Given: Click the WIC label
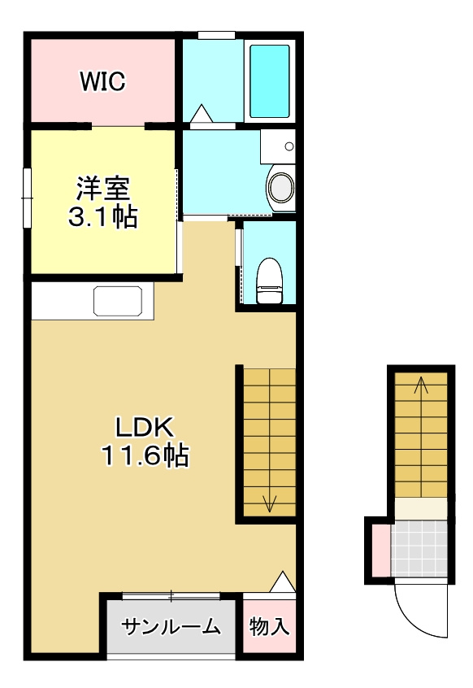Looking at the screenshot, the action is pyautogui.click(x=102, y=81).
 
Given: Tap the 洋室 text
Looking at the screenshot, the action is pyautogui.click(x=103, y=188).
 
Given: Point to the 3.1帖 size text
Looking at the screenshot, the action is pyautogui.click(x=103, y=216).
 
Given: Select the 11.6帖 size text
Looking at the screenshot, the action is pyautogui.click(x=145, y=455).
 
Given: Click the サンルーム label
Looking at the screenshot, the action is pyautogui.click(x=170, y=626).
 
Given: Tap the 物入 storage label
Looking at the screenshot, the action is pyautogui.click(x=269, y=625).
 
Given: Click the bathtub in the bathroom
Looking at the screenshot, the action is pyautogui.click(x=270, y=81).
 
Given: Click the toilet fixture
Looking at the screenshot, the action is pyautogui.click(x=269, y=281).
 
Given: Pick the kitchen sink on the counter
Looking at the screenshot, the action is pyautogui.click(x=118, y=301).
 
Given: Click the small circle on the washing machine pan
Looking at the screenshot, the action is pyautogui.click(x=289, y=146).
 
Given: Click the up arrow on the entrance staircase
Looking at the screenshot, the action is pyautogui.click(x=421, y=436).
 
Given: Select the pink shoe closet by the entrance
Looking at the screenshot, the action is pyautogui.click(x=381, y=551).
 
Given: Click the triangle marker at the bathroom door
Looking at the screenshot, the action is pyautogui.click(x=202, y=113).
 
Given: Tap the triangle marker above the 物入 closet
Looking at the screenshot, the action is pyautogui.click(x=283, y=581).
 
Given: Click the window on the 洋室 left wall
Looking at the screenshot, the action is pyautogui.click(x=27, y=198).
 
